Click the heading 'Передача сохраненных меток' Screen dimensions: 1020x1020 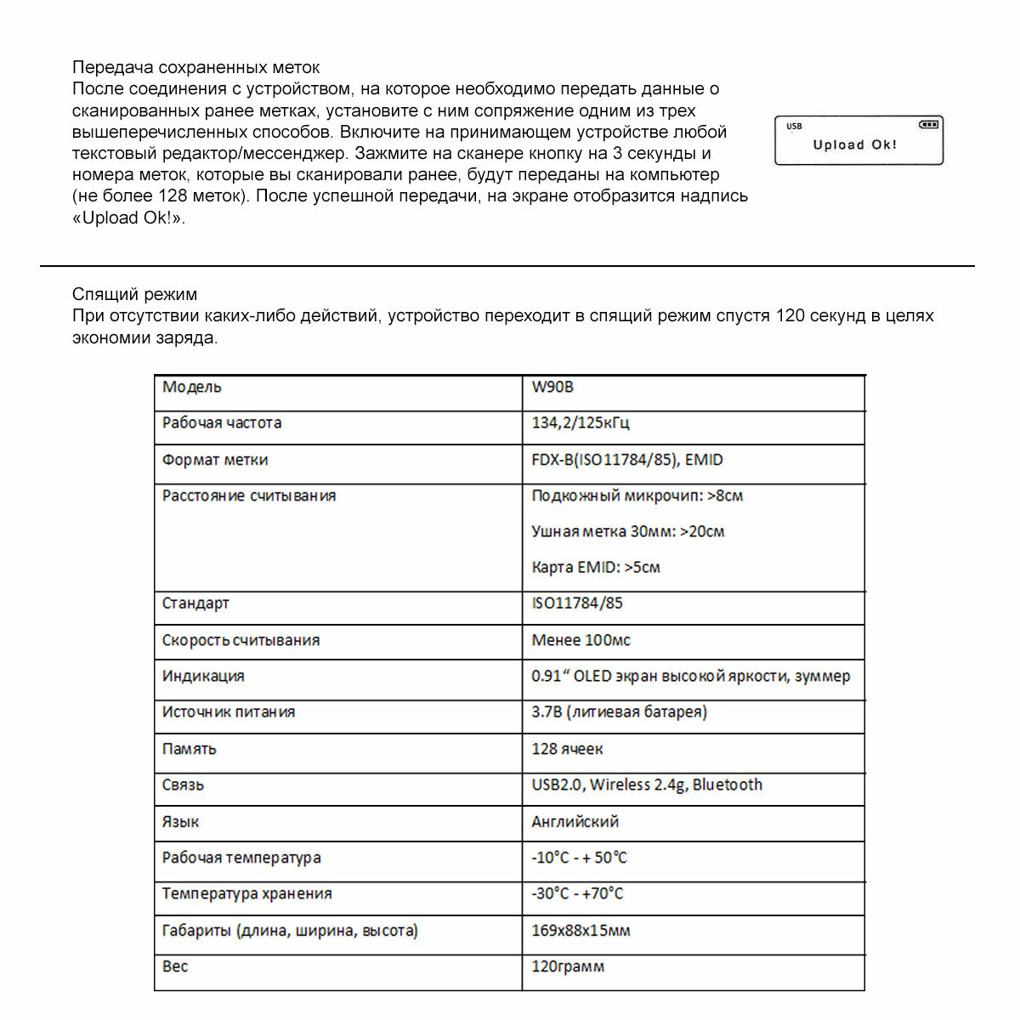point(195,67)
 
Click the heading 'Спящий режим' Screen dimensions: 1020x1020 point(134,294)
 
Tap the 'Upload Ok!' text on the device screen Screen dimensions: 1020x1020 point(854,144)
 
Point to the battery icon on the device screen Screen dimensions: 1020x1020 point(928,125)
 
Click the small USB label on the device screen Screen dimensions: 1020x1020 point(794,127)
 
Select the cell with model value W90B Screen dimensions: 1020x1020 point(552,387)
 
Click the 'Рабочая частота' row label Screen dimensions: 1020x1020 point(222,422)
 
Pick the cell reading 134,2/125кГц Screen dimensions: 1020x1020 point(581,422)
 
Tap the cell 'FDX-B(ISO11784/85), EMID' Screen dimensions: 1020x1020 point(627,460)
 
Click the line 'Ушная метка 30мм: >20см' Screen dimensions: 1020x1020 point(627,531)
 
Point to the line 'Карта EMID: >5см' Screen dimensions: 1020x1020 point(595,567)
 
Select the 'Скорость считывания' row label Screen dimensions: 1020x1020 point(241,640)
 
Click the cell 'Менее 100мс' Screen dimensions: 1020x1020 point(581,640)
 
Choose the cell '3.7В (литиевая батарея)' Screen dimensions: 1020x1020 point(619,711)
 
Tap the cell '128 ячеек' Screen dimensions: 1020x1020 point(567,749)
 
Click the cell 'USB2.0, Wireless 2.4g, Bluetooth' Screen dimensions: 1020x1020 point(647,785)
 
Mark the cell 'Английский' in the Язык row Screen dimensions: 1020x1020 point(575,822)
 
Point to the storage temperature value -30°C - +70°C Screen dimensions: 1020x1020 point(577,893)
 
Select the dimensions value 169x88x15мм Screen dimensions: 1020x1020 point(581,931)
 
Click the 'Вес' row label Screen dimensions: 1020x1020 point(175,966)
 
